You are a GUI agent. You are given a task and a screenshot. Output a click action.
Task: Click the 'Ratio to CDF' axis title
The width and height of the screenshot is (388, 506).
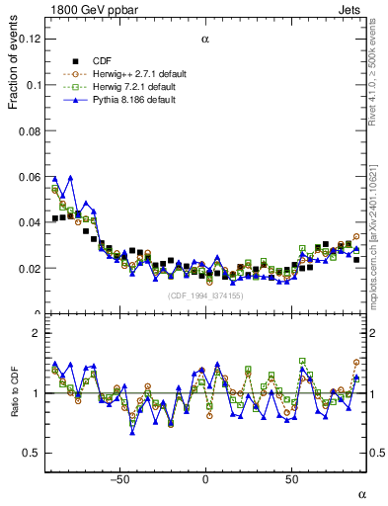point(14,392)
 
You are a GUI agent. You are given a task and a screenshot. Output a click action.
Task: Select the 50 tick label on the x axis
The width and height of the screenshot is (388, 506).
point(291,480)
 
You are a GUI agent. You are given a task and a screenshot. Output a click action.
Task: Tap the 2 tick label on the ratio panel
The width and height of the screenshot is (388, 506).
point(38,333)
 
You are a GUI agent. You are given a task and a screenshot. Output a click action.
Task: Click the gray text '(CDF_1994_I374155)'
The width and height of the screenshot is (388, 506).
point(204,295)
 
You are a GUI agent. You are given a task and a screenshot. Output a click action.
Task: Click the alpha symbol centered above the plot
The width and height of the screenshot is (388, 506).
point(205,40)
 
